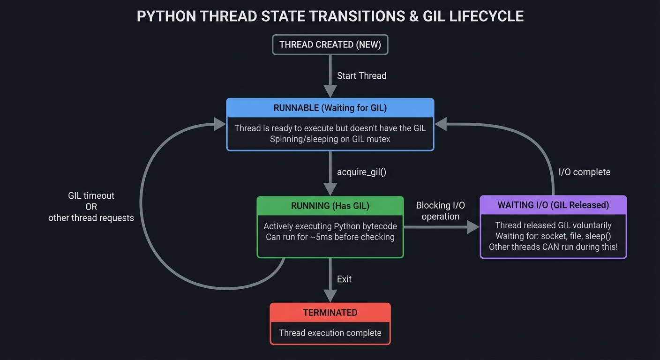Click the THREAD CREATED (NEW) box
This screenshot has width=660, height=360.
pos(330,45)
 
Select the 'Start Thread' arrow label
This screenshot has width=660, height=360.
pos(361,76)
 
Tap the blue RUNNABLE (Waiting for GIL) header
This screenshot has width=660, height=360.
pos(330,108)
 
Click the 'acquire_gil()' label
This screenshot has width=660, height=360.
pos(361,172)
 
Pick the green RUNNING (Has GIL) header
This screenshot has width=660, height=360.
pos(330,206)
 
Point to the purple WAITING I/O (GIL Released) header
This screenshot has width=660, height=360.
pos(553,205)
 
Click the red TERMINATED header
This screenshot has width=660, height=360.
pos(330,313)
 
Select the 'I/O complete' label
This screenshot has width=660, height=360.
pos(585,172)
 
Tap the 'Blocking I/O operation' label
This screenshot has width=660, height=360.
pos(440,211)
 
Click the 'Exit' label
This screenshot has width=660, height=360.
pos(344,279)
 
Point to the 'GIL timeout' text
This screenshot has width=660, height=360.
pos(91,196)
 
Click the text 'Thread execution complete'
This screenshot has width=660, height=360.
pos(330,333)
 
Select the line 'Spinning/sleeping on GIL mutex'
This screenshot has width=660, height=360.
pos(330,139)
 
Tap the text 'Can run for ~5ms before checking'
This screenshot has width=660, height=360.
pos(330,237)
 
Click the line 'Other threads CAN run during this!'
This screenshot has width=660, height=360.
pos(553,247)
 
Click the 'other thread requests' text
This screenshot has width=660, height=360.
pos(91,218)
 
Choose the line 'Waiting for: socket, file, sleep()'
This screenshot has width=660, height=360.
pos(553,236)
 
